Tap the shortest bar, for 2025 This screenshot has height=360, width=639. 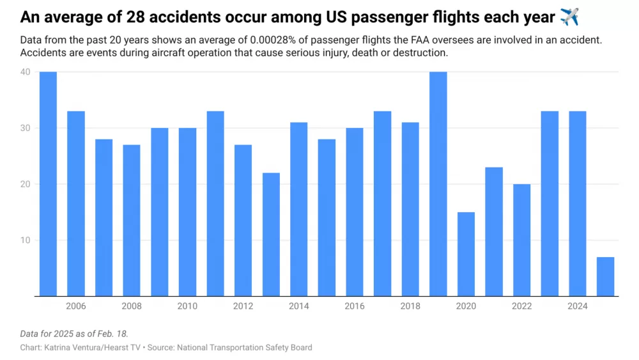tap(605, 276)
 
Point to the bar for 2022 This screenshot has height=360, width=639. tap(522, 240)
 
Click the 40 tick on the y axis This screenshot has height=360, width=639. tap(25, 72)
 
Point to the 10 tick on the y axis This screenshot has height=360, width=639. tap(25, 240)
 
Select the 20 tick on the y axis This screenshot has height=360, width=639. tap(25, 184)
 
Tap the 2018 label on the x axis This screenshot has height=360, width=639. tap(410, 306)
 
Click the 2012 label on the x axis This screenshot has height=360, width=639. tap(243, 306)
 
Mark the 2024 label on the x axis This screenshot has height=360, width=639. tap(578, 306)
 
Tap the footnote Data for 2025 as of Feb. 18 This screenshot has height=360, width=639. tap(74, 334)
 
